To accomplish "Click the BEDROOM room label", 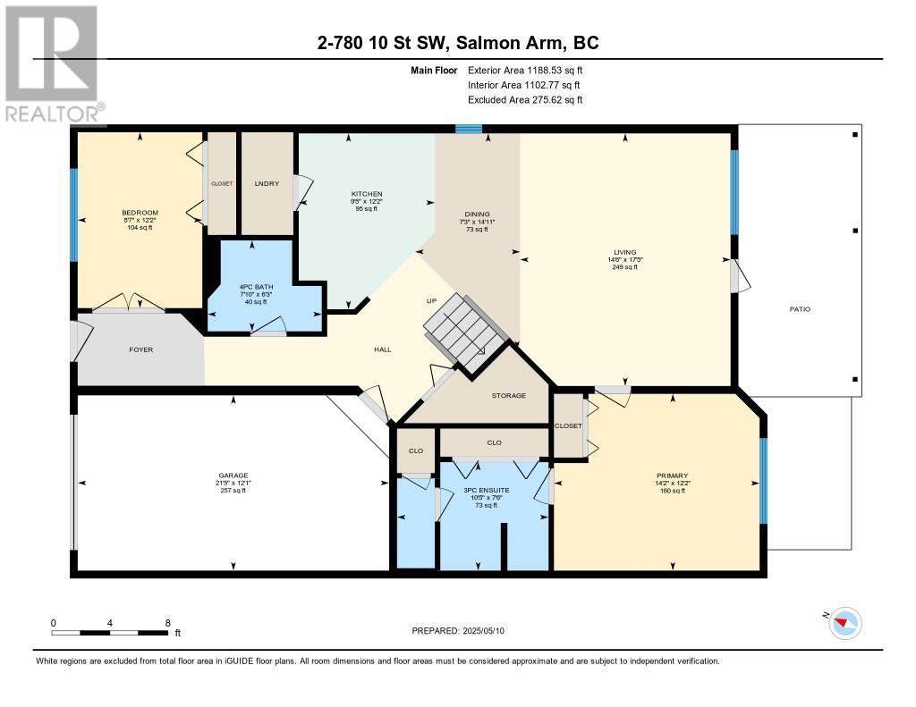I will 140,213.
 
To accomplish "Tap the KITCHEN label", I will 367,194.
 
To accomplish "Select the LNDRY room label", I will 267,183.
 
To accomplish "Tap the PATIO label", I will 799,309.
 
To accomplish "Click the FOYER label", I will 141,349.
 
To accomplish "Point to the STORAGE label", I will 508,395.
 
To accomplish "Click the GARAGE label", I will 233,476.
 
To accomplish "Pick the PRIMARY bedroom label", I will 672,476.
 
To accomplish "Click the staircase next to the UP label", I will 465,331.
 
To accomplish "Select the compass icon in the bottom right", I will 844,622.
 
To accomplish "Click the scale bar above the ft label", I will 110,633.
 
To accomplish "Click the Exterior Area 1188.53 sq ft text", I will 525,70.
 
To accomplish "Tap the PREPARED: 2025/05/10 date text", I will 463,631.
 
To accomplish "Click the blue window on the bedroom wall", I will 74,215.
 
